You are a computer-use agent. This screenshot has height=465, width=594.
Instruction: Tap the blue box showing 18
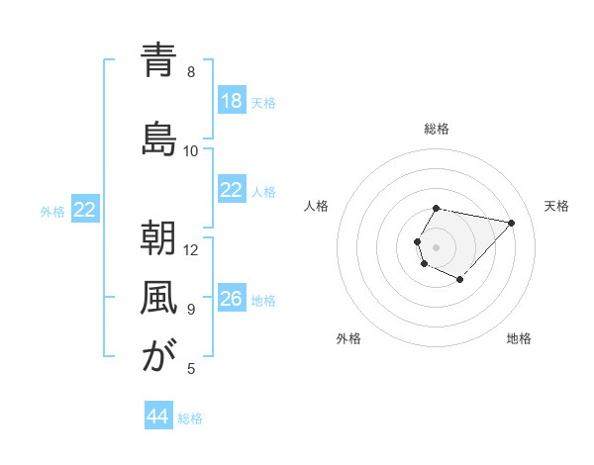tap(232, 102)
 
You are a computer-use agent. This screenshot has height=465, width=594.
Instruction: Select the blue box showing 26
tap(232, 300)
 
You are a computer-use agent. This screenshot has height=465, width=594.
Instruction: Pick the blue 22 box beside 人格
tap(232, 191)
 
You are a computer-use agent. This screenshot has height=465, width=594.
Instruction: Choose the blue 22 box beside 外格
tap(85, 210)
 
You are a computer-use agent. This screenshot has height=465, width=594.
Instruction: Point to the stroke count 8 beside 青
tap(191, 72)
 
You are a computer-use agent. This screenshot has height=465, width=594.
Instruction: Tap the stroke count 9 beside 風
tap(191, 309)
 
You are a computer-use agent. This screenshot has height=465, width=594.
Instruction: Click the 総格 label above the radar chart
tap(437, 129)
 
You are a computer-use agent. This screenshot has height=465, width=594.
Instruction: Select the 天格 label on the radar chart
tap(556, 206)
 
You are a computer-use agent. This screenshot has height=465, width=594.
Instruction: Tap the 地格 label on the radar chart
tap(519, 338)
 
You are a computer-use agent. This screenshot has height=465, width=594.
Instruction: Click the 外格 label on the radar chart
tap(348, 338)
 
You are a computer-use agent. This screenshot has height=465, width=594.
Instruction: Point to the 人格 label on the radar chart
tap(317, 206)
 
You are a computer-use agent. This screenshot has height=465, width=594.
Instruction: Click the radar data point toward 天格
tap(511, 223)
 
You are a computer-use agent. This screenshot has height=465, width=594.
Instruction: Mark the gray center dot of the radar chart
tap(437, 246)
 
